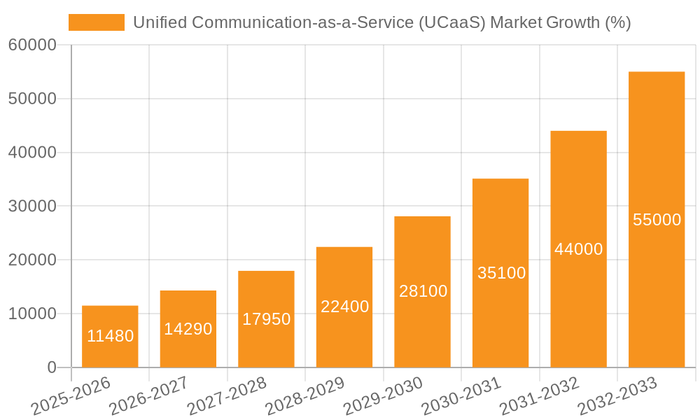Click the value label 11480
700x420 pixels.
[110, 336]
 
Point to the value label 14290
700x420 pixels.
[188, 329]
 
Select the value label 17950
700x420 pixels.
[266, 319]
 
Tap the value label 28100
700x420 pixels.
[423, 291]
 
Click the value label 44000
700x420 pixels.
[578, 249]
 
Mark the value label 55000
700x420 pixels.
[657, 220]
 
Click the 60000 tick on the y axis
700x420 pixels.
[31, 45]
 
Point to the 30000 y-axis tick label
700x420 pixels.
[31, 206]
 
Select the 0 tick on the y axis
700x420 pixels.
[51, 367]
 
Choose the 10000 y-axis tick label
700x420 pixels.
[31, 314]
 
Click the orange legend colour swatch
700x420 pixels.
[96, 22]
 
